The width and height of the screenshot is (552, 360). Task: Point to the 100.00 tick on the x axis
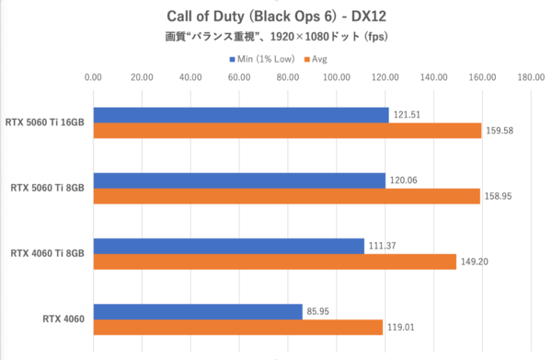tap(336, 78)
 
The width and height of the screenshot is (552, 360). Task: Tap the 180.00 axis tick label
tap(531, 78)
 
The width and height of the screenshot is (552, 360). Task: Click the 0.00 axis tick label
tap(93, 78)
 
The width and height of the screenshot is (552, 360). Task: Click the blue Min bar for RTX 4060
tap(197, 312)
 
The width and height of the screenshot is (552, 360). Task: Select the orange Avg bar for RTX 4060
tap(237, 328)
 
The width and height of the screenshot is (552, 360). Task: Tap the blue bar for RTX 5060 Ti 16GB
tap(240, 114)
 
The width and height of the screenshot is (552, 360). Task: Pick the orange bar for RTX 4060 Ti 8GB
tap(274, 261)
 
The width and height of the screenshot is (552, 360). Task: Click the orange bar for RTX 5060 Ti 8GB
tap(286, 196)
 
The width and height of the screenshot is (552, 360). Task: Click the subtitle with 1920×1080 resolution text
tap(275, 38)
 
